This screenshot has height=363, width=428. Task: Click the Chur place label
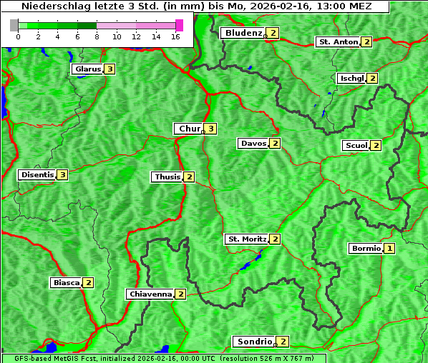(x=189, y=129)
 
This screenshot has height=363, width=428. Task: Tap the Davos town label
(x=253, y=144)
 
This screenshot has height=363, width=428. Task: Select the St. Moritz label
(x=246, y=239)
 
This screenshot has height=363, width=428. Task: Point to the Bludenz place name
(x=243, y=33)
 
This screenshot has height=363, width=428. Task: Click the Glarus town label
(x=87, y=69)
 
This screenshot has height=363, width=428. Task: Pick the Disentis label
(x=37, y=174)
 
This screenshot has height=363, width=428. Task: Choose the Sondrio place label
(x=255, y=342)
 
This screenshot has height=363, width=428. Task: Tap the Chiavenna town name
(x=150, y=294)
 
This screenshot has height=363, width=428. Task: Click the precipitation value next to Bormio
(x=389, y=249)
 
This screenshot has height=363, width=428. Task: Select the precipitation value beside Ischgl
(x=372, y=78)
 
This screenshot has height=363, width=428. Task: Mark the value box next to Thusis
(x=189, y=176)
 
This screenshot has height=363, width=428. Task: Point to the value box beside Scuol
(x=376, y=146)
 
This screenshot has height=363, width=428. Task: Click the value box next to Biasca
(x=88, y=282)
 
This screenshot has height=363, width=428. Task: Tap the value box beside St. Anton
(x=366, y=42)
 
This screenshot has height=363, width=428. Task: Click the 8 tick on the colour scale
(x=97, y=36)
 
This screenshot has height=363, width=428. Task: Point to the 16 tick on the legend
(x=176, y=36)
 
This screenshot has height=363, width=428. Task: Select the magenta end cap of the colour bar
(x=179, y=25)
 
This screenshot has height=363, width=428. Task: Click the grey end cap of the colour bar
(x=14, y=25)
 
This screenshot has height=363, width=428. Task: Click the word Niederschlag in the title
(x=52, y=6)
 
